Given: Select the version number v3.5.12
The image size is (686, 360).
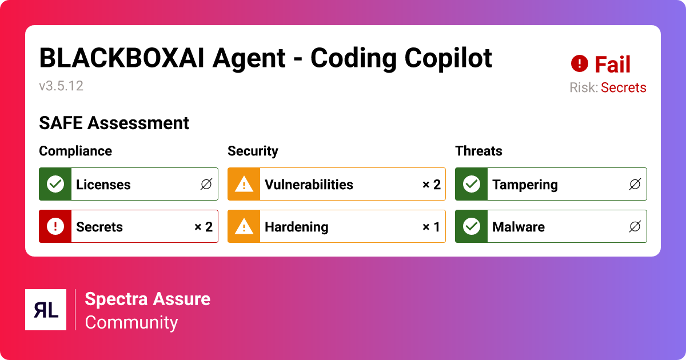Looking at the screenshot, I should (61, 86).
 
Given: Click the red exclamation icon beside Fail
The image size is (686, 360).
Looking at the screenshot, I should (580, 63).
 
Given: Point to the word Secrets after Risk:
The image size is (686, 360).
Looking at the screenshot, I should (623, 87).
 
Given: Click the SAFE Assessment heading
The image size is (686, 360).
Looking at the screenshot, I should (114, 123).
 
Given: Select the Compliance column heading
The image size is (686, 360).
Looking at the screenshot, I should (75, 151).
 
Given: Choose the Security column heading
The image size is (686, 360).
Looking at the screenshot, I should (253, 151).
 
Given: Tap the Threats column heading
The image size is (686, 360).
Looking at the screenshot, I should (478, 151).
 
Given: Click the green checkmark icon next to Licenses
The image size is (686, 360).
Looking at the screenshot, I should (55, 184).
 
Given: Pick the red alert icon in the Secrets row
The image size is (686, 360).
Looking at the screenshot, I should (55, 226).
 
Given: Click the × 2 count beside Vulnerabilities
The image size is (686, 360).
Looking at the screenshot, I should (431, 185).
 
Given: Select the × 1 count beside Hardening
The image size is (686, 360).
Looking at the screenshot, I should (431, 227).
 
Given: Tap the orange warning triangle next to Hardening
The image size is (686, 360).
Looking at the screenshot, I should (244, 226).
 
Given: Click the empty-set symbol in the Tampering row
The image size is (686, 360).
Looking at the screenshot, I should (635, 185).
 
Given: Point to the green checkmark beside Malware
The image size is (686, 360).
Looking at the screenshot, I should (471, 226).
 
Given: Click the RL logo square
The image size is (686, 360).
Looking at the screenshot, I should (46, 310).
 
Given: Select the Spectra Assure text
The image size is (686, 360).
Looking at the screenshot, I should (147, 299).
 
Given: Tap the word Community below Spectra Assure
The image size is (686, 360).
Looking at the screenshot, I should (131, 322).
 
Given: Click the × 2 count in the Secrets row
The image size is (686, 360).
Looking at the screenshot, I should (204, 227).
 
